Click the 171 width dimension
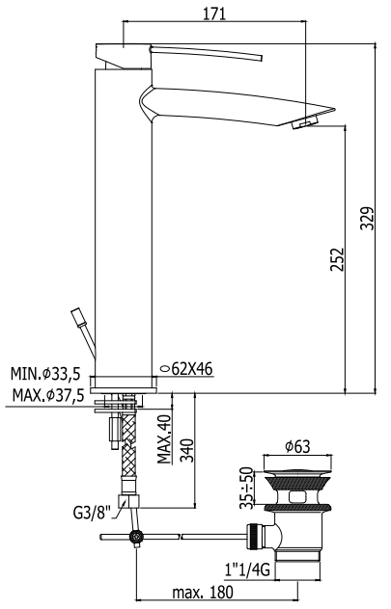(214, 14)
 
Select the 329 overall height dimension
(368, 218)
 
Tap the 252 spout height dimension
(338, 259)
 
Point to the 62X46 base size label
(192, 369)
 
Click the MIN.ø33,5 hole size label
(45, 374)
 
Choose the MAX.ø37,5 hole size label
(48, 396)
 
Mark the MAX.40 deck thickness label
(164, 439)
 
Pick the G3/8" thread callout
(93, 513)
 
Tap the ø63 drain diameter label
(297, 447)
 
